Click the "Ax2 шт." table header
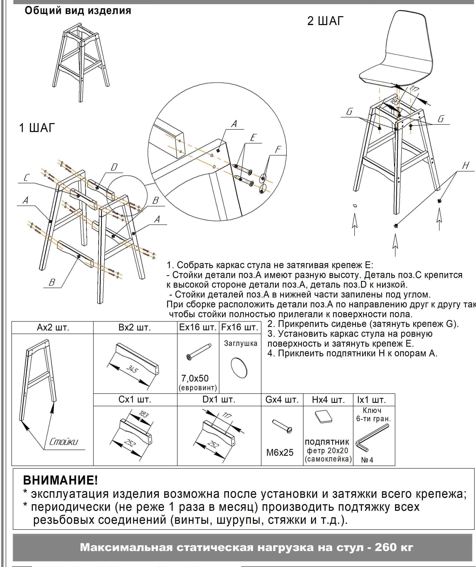(53, 327)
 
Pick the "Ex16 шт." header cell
(198, 327)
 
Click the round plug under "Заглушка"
(239, 368)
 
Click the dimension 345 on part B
(132, 369)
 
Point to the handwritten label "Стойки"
(64, 442)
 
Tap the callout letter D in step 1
(114, 167)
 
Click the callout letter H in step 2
(465, 166)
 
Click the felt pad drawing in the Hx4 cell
(324, 417)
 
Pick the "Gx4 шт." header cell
(282, 400)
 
